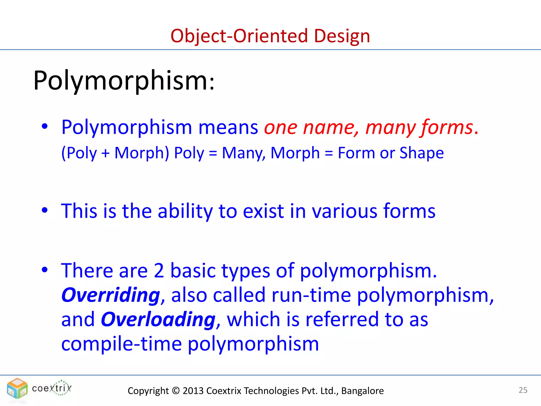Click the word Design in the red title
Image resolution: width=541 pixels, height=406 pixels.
[342, 36]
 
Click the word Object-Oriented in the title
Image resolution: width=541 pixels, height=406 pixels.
[239, 36]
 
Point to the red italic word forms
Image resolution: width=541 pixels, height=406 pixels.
[447, 128]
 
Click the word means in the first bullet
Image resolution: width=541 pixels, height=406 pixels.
[228, 128]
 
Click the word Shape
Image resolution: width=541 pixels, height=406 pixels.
[421, 153]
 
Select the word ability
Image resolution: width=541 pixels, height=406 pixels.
[185, 211]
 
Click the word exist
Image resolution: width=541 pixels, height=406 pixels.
[263, 211]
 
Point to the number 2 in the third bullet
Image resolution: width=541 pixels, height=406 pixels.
[159, 271]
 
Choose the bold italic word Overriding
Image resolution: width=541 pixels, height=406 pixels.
[111, 295]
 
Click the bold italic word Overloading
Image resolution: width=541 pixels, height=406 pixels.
[158, 319]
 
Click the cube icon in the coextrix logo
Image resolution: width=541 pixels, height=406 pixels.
[17, 388]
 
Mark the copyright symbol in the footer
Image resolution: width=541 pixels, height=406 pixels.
[175, 391]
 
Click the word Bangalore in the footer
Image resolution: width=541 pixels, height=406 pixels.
[362, 391]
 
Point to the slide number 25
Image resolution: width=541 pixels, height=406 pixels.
[523, 390]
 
